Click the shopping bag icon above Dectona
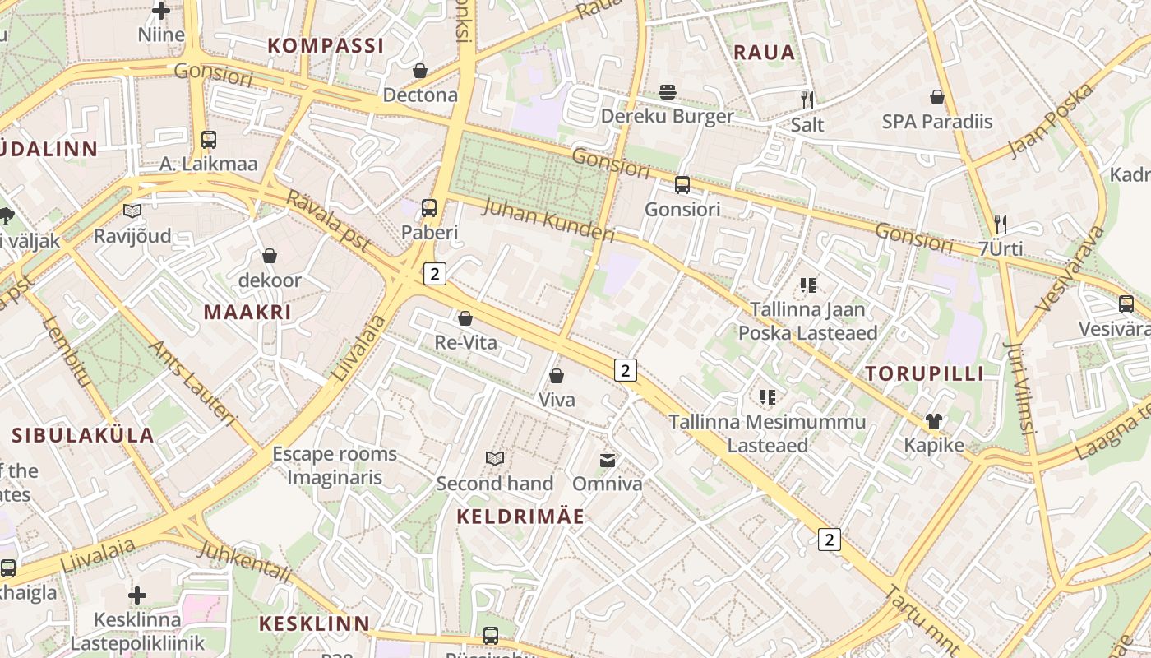pyautogui.click(x=420, y=72)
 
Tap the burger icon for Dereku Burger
pyautogui.click(x=668, y=91)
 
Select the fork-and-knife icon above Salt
pyautogui.click(x=807, y=100)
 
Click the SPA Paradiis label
pyautogui.click(x=937, y=122)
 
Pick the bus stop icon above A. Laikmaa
pyautogui.click(x=209, y=140)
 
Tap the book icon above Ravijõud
pyautogui.click(x=132, y=211)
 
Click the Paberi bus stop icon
pyautogui.click(x=429, y=208)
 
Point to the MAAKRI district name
pyautogui.click(x=247, y=313)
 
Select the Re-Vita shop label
pyautogui.click(x=466, y=342)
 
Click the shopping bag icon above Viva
pyautogui.click(x=557, y=376)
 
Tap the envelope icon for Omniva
pyautogui.click(x=608, y=460)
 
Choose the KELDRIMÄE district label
pyautogui.click(x=520, y=517)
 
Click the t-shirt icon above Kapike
pyautogui.click(x=933, y=422)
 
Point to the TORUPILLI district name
pyautogui.click(x=924, y=374)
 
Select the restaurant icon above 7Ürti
pyautogui.click(x=1001, y=224)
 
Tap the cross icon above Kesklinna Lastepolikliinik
pyautogui.click(x=137, y=595)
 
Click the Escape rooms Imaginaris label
pyautogui.click(x=335, y=466)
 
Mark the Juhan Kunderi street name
pyautogui.click(x=548, y=220)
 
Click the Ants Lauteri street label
pyautogui.click(x=192, y=383)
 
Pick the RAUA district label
pyautogui.click(x=765, y=53)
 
